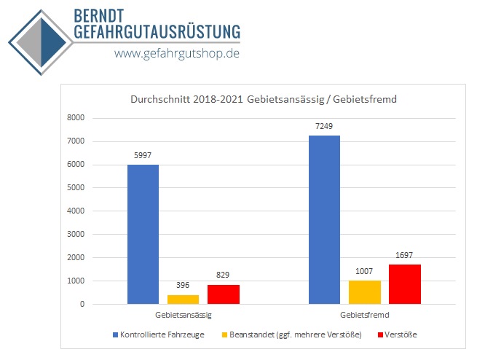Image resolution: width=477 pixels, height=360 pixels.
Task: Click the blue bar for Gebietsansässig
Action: [143, 234]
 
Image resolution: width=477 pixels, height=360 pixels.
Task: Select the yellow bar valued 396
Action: [183, 299]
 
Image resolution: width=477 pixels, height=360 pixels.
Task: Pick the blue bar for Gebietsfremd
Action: [324, 219]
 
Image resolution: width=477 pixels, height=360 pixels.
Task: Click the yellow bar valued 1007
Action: [364, 291]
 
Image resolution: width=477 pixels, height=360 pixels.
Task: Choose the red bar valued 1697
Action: [404, 283]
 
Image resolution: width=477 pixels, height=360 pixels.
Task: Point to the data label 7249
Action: [324, 127]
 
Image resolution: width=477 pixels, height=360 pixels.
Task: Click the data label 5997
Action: [143, 156]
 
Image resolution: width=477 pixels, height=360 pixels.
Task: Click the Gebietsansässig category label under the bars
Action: [183, 315]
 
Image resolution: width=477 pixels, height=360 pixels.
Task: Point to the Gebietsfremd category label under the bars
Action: [364, 315]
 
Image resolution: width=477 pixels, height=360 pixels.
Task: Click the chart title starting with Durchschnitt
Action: [263, 100]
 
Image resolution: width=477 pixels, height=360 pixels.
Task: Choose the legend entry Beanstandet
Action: [294, 334]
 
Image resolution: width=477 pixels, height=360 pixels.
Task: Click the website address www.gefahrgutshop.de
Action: [177, 53]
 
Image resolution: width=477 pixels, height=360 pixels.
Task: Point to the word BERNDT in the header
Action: [103, 15]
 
